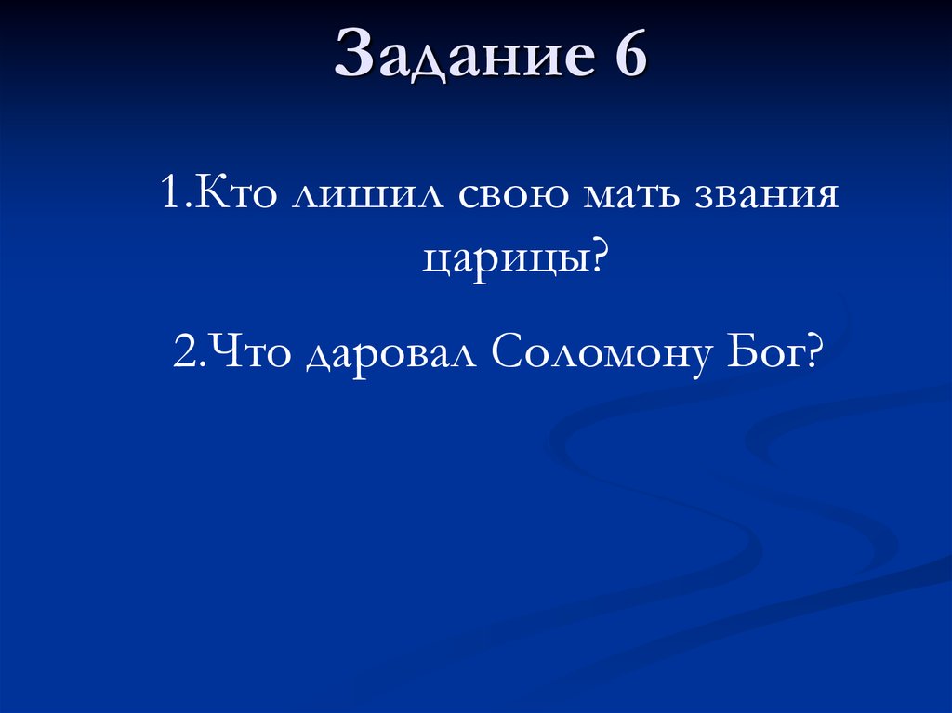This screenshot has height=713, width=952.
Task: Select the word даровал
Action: point(390,355)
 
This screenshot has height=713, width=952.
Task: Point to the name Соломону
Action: point(600,355)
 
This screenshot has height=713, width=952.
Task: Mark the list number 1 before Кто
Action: point(168,198)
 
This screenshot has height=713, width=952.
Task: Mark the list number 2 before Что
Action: point(182,353)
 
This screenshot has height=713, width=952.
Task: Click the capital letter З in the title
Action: point(352,55)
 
